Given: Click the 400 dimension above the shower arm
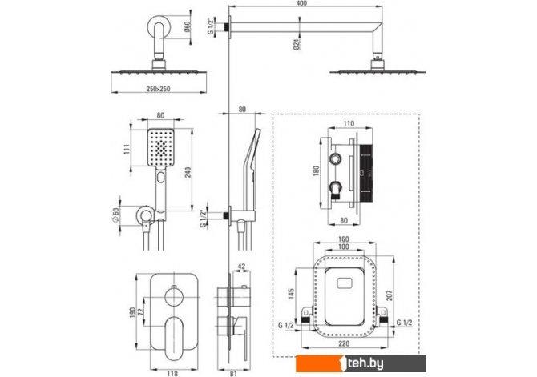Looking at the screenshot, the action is point(301,3).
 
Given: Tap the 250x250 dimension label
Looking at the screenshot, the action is point(158,89).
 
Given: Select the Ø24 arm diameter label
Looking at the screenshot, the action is point(297,43).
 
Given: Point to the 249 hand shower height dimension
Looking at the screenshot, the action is point(188,173).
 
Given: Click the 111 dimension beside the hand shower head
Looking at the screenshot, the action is point(127,149).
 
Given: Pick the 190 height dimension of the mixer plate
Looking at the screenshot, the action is point(132,312).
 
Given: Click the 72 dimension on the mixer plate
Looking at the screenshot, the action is point(140,312).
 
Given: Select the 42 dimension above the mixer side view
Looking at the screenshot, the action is point(241,267).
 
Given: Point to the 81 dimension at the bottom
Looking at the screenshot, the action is point(233,374).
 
